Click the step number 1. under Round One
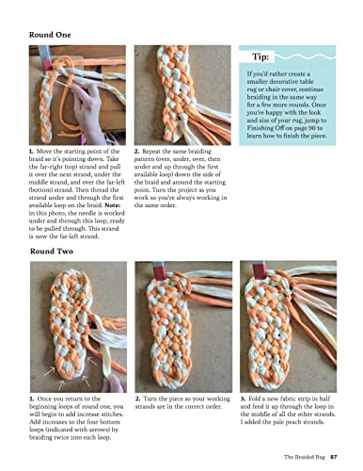click(32, 149)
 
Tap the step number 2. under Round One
click(137, 149)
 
